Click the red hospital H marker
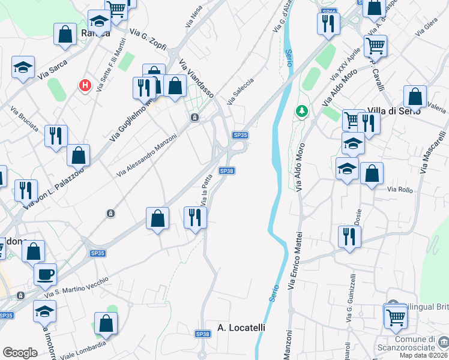click(86, 86)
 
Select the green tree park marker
click(302, 111)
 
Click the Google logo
click(20, 353)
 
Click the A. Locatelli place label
click(241, 328)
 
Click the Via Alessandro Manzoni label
click(147, 155)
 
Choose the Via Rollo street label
click(400, 190)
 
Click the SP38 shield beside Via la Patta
click(227, 171)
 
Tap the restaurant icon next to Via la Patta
click(194, 217)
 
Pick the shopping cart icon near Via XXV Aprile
click(375, 45)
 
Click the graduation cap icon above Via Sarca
click(23, 67)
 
